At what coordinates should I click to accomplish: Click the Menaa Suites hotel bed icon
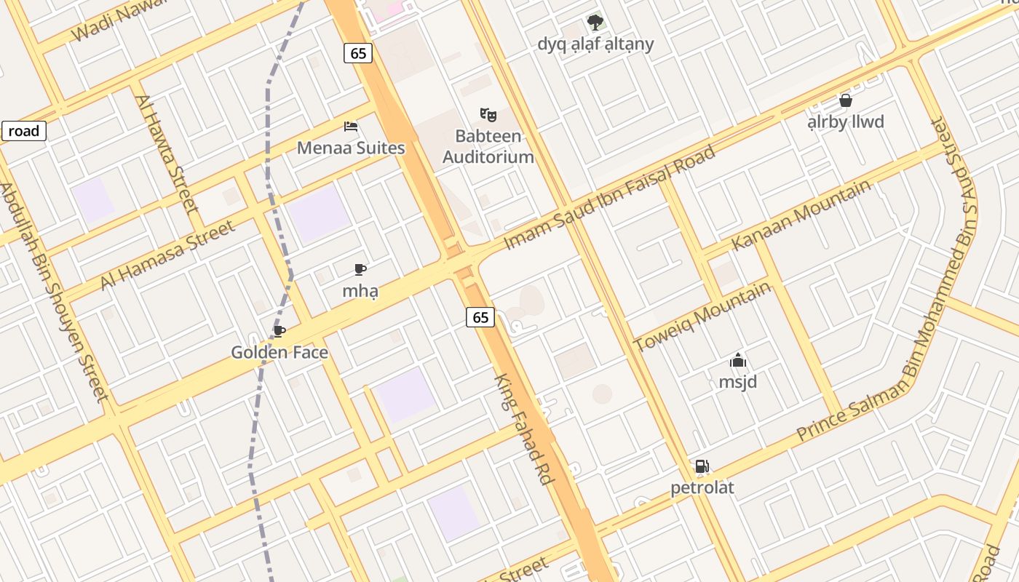351,127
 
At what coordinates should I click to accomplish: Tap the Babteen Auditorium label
488,146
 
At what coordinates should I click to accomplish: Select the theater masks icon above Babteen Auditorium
488,114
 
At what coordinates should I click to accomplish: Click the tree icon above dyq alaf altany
595,22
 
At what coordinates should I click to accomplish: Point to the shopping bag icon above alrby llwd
846,100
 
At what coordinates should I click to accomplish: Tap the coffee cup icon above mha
360,270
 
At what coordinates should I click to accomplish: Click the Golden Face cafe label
279,353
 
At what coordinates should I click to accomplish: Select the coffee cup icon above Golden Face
279,332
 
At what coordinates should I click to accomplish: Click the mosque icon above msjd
738,360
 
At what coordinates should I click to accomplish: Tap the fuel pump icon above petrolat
702,466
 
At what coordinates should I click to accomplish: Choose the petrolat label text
702,487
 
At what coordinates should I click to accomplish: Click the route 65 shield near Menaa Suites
357,53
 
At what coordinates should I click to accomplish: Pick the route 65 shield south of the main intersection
480,317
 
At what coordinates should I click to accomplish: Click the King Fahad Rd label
524,429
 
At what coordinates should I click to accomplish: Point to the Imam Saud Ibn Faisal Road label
609,197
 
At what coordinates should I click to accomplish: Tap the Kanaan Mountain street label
801,215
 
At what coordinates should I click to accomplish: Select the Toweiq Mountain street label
702,316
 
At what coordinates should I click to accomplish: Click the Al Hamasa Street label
168,255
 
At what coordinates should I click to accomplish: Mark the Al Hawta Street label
167,154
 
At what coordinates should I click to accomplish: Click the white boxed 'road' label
24,132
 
